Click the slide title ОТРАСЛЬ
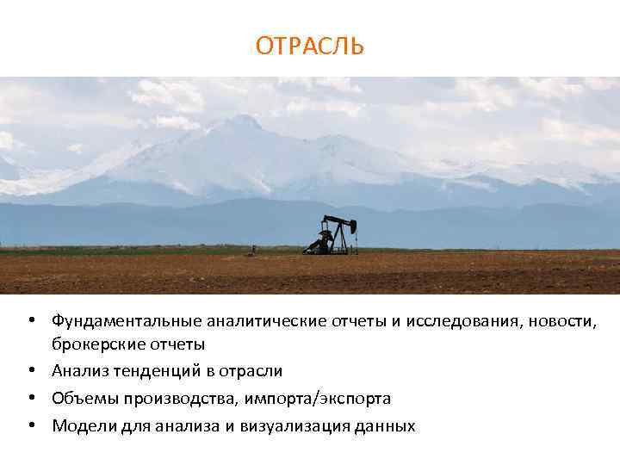tap(309, 46)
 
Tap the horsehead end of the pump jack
tap(352, 226)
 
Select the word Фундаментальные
tap(126, 321)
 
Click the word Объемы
tap(81, 399)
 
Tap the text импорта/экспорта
tap(318, 399)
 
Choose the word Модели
tap(82, 425)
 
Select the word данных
tap(386, 425)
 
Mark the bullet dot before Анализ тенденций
tap(30, 371)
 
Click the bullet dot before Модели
tap(30, 425)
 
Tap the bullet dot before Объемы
tap(30, 399)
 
